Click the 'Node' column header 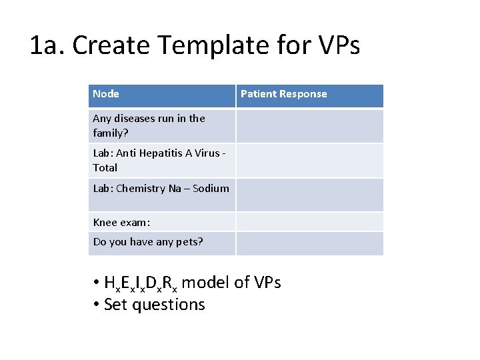[x=106, y=94]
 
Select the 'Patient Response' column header [x=283, y=94]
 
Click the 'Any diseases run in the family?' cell [x=149, y=126]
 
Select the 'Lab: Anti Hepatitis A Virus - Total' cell [x=160, y=160]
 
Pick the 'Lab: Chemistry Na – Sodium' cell [x=161, y=189]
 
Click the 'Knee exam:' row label [x=121, y=223]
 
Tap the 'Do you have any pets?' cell [x=148, y=242]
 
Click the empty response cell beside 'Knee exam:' [x=309, y=222]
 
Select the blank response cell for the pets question [x=309, y=243]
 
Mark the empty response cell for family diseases [x=309, y=126]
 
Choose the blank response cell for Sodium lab [x=309, y=195]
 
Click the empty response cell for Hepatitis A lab [x=309, y=160]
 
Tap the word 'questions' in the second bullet [x=169, y=305]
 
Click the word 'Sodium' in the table [x=211, y=189]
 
